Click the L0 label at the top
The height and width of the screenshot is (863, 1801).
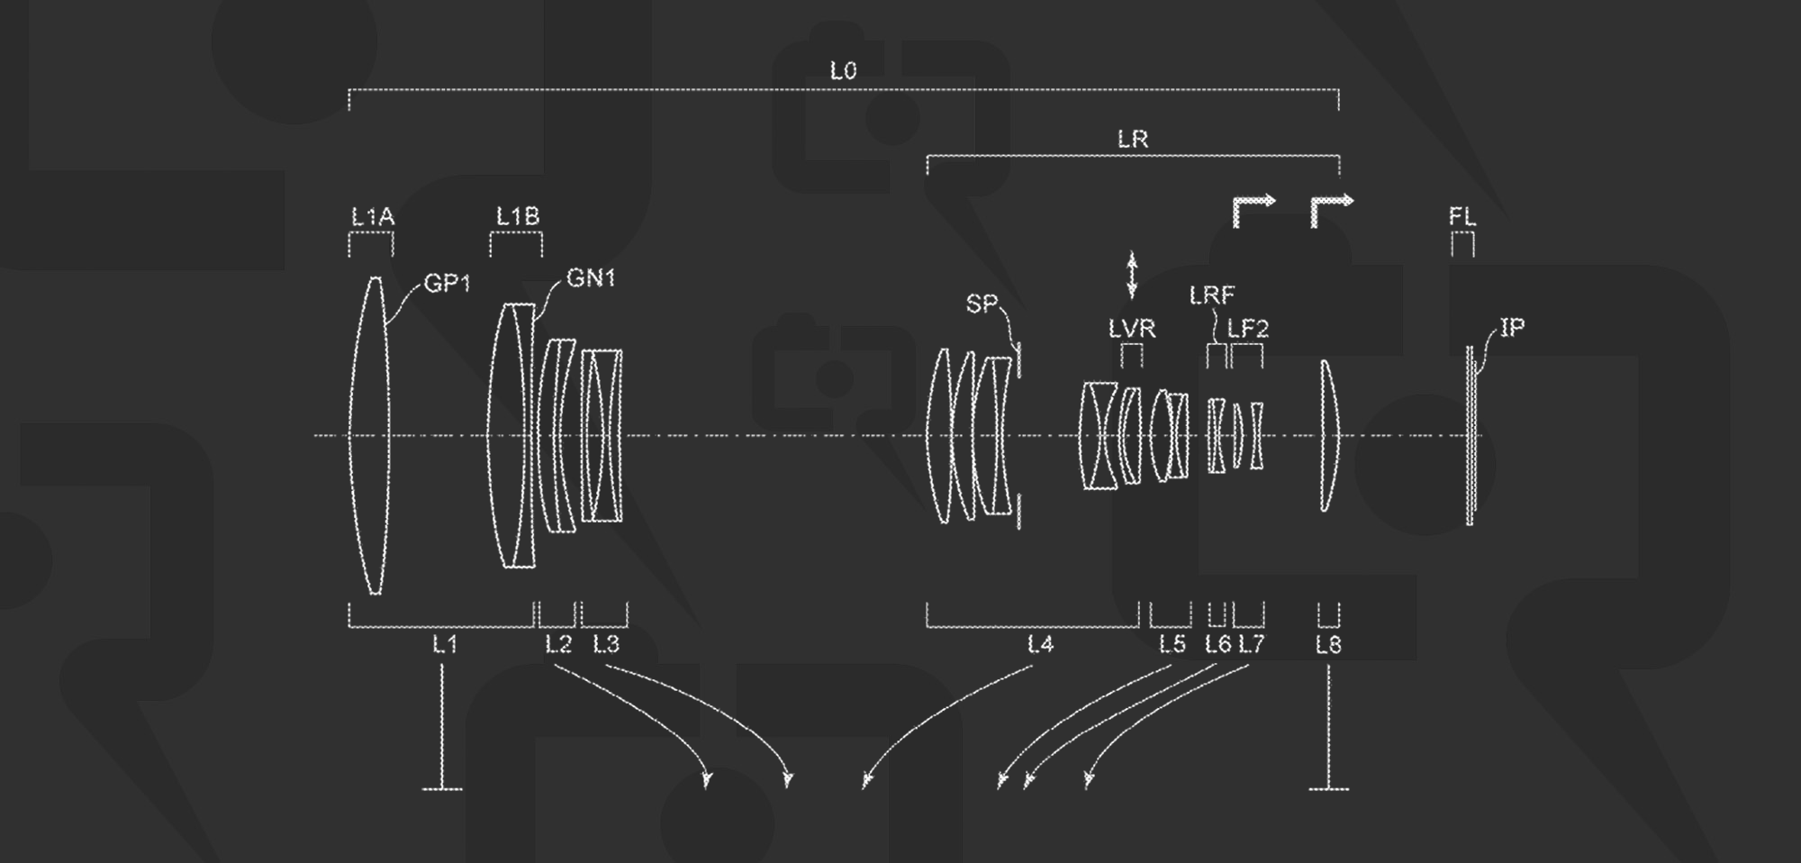pyautogui.click(x=843, y=71)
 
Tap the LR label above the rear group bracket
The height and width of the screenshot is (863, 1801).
pyautogui.click(x=1133, y=140)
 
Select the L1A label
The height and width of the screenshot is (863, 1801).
pyautogui.click(x=373, y=217)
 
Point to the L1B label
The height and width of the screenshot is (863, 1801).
pyautogui.click(x=518, y=217)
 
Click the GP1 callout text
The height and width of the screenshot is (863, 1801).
pyautogui.click(x=448, y=284)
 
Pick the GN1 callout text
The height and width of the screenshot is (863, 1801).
pyautogui.click(x=591, y=278)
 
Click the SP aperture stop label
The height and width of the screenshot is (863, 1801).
pyautogui.click(x=982, y=304)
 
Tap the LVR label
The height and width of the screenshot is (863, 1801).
pyautogui.click(x=1132, y=329)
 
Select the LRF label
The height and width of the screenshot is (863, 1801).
pyautogui.click(x=1212, y=295)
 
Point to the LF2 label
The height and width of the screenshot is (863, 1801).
pyautogui.click(x=1248, y=329)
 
